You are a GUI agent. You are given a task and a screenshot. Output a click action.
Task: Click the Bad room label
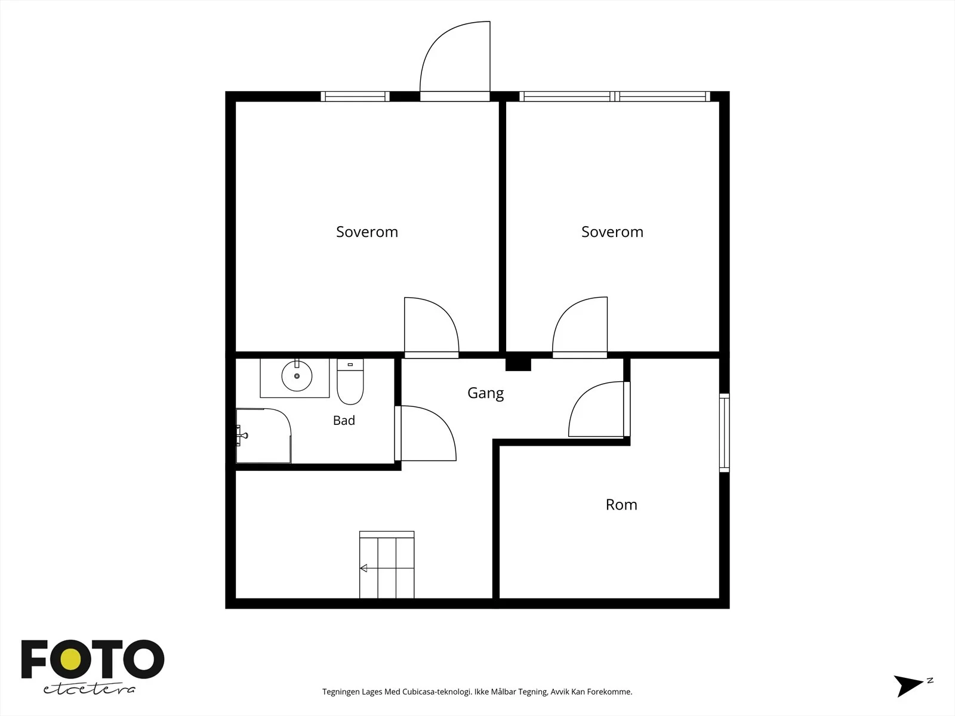[344, 421]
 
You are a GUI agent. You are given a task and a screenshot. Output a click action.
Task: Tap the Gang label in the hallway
[485, 393]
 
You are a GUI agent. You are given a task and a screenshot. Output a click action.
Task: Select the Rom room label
[621, 505]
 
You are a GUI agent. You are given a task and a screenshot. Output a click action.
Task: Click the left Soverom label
[366, 232]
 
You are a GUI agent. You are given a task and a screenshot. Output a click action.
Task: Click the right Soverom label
[612, 232]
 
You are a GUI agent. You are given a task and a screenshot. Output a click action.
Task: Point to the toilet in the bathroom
[350, 381]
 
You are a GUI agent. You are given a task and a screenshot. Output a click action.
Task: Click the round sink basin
[297, 376]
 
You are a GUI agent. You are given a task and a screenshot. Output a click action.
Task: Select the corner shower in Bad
[263, 436]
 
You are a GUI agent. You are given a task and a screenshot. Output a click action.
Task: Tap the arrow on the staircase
[363, 568]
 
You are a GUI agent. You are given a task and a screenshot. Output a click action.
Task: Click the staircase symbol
[387, 564]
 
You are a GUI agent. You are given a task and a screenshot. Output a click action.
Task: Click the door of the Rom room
[599, 409]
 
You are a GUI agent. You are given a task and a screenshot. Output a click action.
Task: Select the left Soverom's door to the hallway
[432, 328]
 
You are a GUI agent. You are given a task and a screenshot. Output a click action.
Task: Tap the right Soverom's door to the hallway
[580, 328]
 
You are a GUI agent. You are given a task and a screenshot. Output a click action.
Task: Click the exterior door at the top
[455, 61]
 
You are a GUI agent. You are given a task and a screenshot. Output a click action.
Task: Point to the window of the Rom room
[725, 433]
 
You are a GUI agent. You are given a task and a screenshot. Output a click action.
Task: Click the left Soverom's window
[355, 97]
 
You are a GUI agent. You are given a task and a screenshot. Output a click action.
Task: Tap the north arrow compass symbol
[911, 686]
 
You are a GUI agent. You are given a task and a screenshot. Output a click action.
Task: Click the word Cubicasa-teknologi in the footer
[437, 692]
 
